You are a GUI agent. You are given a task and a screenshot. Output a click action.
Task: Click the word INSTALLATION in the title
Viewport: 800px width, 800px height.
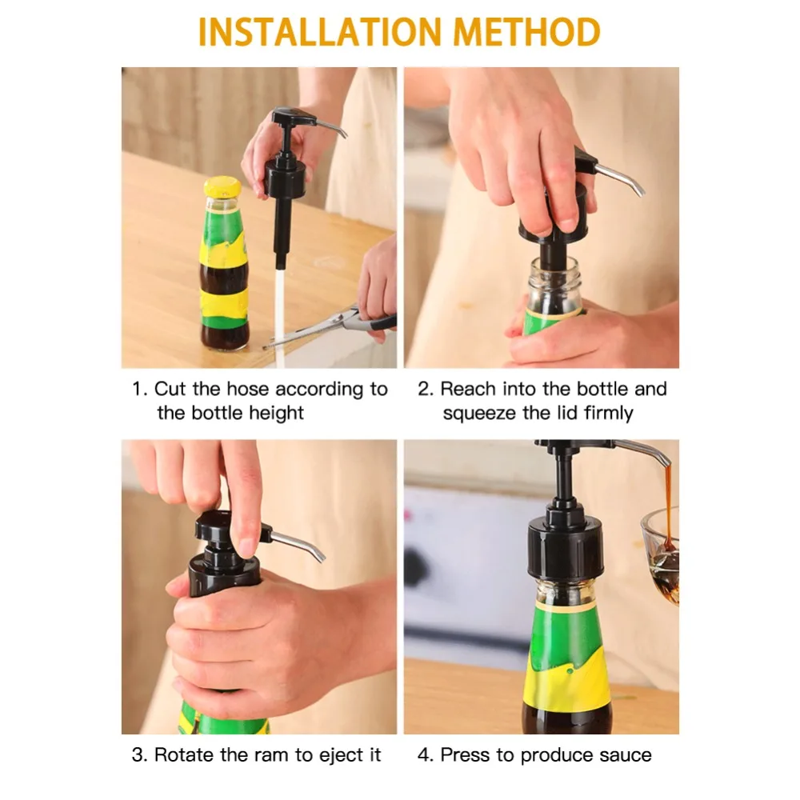pyautogui.click(x=319, y=32)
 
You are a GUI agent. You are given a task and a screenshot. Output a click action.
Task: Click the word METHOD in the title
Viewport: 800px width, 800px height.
pyautogui.click(x=527, y=32)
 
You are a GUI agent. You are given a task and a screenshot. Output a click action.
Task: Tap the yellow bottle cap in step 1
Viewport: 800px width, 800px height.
pyautogui.click(x=222, y=186)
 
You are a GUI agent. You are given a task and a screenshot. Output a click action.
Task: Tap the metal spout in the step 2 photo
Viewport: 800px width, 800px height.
pyautogui.click(x=619, y=178)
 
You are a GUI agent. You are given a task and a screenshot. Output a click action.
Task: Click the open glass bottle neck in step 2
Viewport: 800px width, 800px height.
pyautogui.click(x=553, y=282)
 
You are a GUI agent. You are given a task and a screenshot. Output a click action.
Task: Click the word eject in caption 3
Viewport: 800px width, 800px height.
pyautogui.click(x=338, y=756)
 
